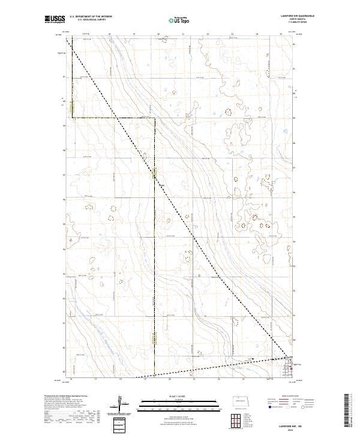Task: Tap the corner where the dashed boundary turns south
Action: [x=154, y=118]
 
